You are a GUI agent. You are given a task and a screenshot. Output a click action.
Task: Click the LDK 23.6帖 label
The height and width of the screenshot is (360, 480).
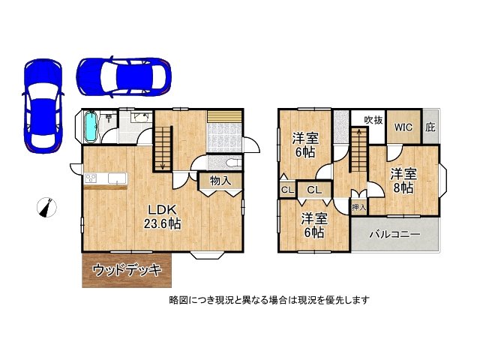pyautogui.click(x=162, y=216)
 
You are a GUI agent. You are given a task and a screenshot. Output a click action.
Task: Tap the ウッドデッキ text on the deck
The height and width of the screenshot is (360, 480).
pyautogui.click(x=127, y=271)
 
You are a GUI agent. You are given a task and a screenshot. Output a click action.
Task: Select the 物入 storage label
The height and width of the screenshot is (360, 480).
pyautogui.click(x=220, y=181)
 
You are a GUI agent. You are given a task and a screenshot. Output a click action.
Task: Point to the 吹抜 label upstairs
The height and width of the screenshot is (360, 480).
pyautogui.click(x=373, y=120)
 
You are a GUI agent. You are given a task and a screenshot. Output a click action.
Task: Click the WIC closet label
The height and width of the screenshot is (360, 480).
pyautogui.click(x=403, y=127)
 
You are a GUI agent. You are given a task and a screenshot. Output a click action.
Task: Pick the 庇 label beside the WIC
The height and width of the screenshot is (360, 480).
pyautogui.click(x=430, y=127)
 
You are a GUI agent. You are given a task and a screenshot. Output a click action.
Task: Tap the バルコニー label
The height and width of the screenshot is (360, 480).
pyautogui.click(x=394, y=235)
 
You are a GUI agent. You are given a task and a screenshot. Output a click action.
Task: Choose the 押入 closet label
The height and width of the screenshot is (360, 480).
pyautogui.click(x=359, y=206)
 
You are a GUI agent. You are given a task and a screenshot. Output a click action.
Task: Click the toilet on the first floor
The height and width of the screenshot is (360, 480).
pyautogui.click(x=230, y=163)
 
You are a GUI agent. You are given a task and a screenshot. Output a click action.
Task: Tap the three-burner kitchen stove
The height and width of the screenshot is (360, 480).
pyautogui.click(x=91, y=178)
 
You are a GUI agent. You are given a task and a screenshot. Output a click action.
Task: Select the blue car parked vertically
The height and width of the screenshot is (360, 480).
pyautogui.click(x=41, y=103)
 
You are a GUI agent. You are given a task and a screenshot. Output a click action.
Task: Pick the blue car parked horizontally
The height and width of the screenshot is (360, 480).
pyautogui.click(x=124, y=75)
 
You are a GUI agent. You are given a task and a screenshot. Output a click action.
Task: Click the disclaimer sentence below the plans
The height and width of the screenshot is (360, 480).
pyautogui.click(x=269, y=300)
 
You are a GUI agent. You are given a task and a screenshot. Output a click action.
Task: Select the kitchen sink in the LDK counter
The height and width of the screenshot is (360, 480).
pyautogui.click(x=118, y=178)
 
